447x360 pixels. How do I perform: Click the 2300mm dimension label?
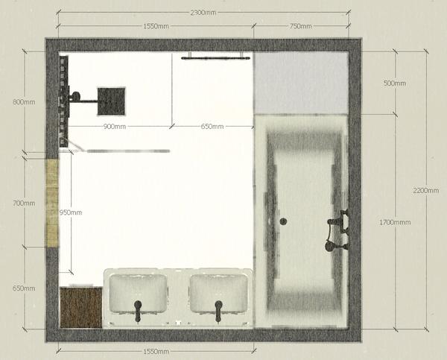click(203, 13)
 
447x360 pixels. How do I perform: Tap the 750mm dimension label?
click(300, 26)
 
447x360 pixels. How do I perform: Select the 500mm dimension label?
click(395, 83)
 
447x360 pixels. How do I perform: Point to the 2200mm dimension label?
click(426, 190)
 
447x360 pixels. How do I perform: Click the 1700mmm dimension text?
click(395, 222)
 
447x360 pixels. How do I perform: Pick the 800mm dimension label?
click(24, 102)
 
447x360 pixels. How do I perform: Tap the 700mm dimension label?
click(24, 203)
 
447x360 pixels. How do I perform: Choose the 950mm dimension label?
click(71, 212)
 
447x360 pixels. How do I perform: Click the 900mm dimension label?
click(115, 127)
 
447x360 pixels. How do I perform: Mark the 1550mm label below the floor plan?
click(156, 352)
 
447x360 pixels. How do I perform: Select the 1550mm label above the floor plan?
click(156, 26)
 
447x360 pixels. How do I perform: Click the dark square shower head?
click(111, 101)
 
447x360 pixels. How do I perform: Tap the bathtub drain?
click(283, 221)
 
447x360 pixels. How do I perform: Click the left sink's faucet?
click(138, 310)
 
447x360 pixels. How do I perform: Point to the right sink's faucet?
click(218, 311)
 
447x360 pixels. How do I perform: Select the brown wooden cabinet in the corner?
click(81, 307)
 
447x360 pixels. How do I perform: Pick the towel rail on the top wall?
click(216, 58)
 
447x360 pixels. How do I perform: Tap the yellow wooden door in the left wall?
click(52, 203)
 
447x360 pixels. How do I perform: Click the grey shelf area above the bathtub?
click(301, 83)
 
